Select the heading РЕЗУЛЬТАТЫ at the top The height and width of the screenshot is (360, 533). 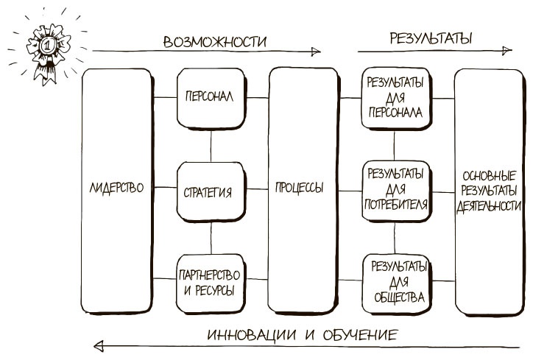tap(431, 38)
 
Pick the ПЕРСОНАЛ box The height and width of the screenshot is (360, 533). tap(211, 97)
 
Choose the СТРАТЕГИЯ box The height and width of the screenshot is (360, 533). tap(211, 192)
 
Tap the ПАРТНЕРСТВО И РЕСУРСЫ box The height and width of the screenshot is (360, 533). tap(211, 282)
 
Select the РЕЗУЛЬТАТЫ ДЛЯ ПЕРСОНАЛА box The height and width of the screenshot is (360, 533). tap(393, 97)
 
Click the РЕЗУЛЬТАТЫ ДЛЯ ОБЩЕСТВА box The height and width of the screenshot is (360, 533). tap(398, 282)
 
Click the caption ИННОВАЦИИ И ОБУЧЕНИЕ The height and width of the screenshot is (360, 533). tap(302, 335)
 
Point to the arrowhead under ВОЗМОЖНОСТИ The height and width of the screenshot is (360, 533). tap(317, 52)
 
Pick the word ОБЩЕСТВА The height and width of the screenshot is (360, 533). tap(398, 298)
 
